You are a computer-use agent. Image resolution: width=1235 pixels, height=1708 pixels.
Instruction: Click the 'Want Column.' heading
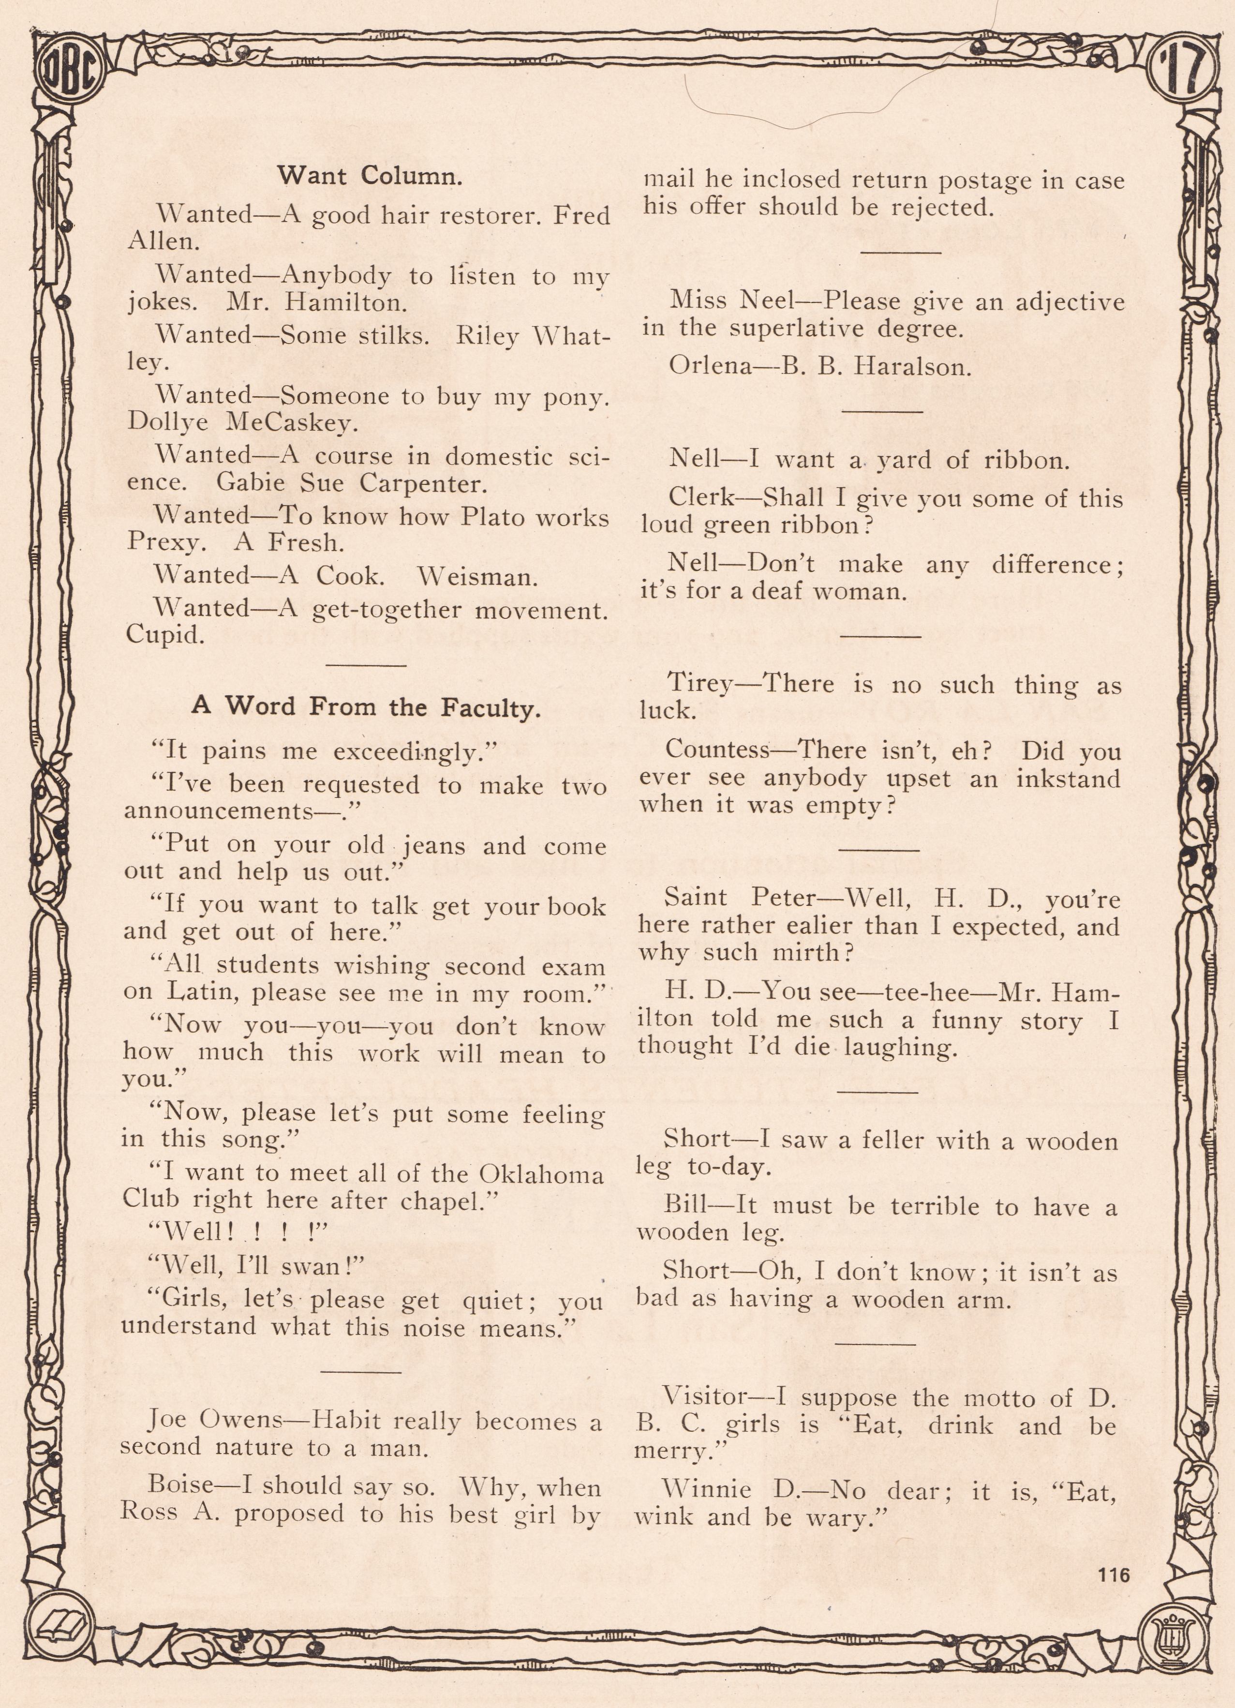(x=370, y=176)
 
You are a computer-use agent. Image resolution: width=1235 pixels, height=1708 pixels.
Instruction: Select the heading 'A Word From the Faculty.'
(x=366, y=706)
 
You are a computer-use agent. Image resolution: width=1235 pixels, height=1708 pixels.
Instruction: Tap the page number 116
(x=1114, y=1575)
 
